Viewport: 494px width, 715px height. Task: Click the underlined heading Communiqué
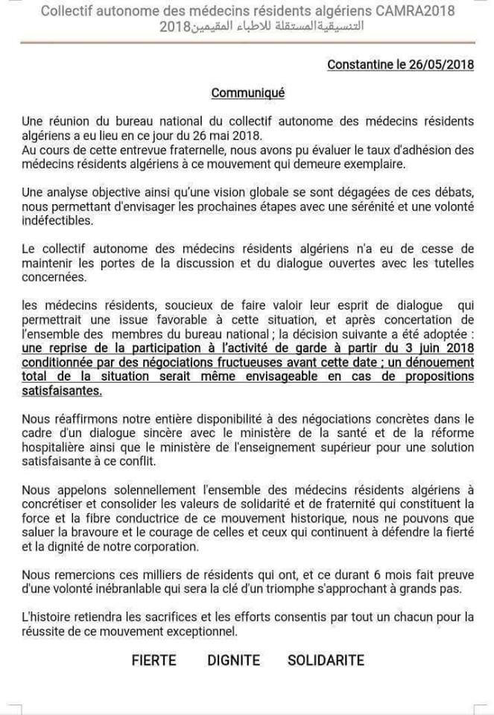pos(248,93)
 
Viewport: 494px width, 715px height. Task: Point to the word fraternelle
pos(165,150)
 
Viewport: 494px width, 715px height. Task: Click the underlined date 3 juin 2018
pos(436,349)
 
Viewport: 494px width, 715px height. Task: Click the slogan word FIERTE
pos(154,660)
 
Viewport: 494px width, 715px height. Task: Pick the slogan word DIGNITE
pos(234,660)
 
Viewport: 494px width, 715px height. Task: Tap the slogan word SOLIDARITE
pos(326,660)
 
